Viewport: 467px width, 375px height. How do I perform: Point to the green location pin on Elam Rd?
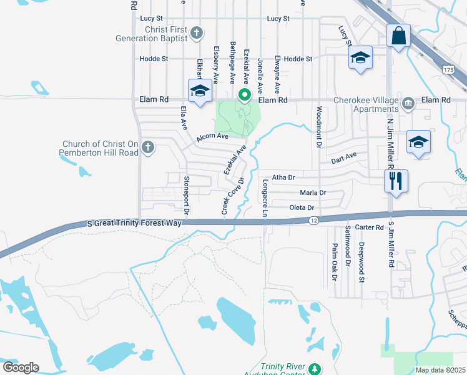point(245,96)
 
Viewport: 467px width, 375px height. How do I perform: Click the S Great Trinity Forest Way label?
point(134,222)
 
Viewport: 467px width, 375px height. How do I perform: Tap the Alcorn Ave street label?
point(213,136)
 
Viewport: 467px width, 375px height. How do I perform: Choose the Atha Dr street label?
point(283,177)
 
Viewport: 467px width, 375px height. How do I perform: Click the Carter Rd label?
point(368,228)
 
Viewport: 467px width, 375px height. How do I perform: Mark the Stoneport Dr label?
point(186,195)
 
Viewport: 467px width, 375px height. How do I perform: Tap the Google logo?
point(21,367)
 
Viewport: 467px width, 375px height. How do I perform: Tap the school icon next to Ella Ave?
point(200,91)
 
